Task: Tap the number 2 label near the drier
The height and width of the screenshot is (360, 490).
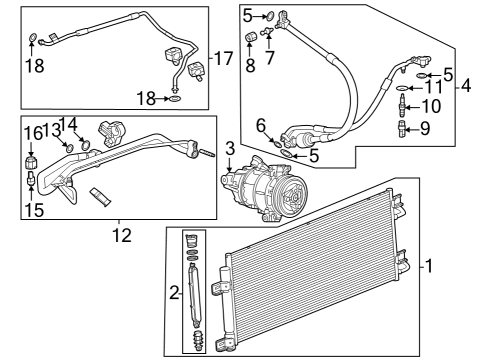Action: pos(174,293)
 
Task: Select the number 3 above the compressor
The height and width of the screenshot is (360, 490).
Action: pos(229,150)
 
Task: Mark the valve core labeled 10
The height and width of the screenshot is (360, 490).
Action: pos(402,105)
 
